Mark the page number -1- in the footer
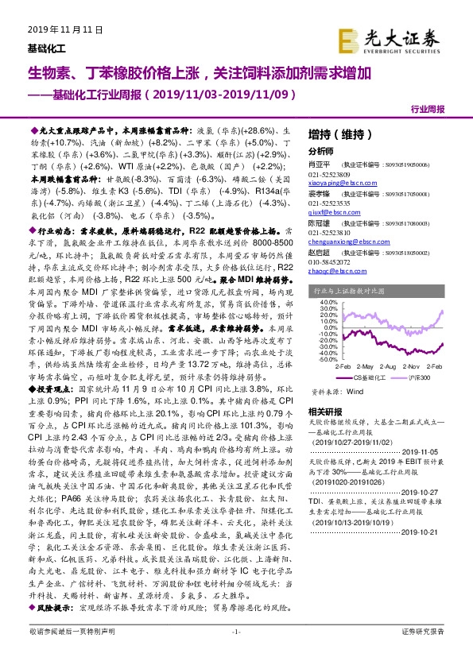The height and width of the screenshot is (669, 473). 235,653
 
